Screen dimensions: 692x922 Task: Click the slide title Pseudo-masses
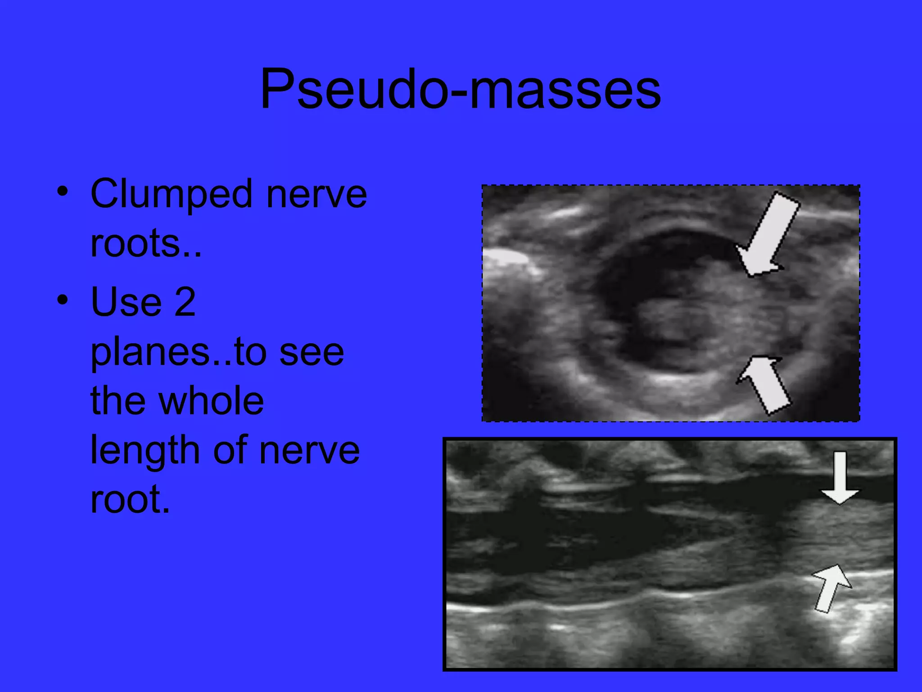tap(460, 88)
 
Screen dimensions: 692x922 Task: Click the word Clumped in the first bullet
tap(171, 195)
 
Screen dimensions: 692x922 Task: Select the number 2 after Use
tap(185, 302)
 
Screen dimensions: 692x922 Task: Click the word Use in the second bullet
tap(126, 302)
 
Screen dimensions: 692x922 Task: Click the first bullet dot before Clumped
tap(63, 191)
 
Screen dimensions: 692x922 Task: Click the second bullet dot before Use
tap(63, 299)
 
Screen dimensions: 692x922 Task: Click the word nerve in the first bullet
tap(316, 195)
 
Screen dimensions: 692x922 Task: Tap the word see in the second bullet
tap(312, 352)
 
